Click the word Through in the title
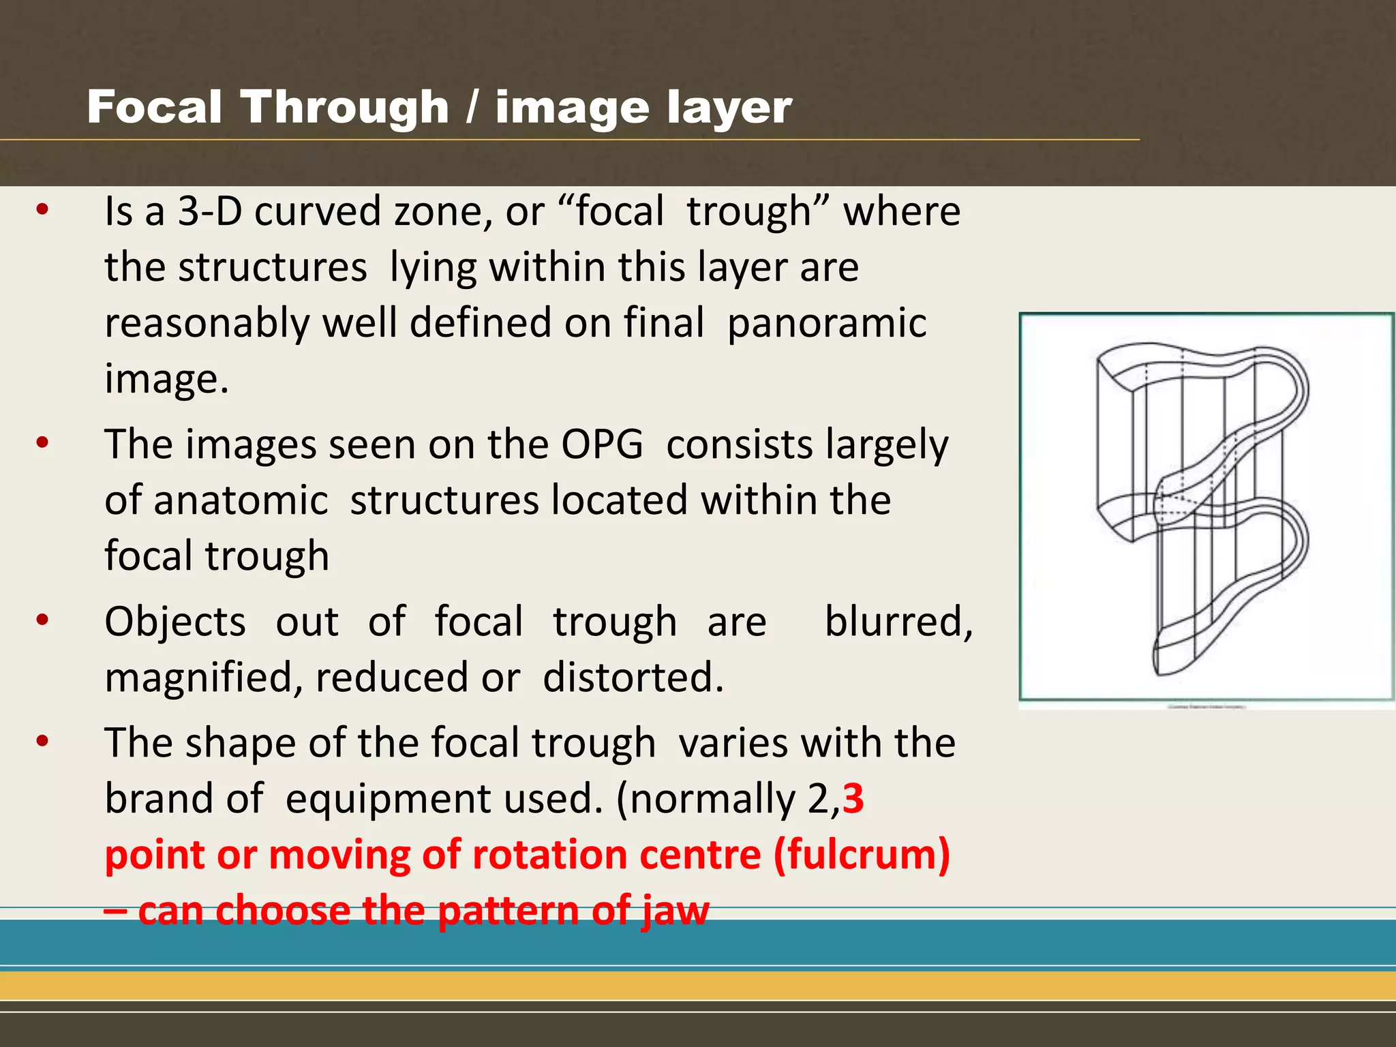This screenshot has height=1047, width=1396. pyautogui.click(x=344, y=108)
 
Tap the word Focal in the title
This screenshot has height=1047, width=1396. pyautogui.click(x=155, y=108)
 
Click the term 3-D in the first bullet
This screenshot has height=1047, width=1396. pyautogui.click(x=210, y=211)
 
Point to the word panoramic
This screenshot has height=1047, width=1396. pyautogui.click(x=827, y=323)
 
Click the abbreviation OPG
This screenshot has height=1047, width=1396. pyautogui.click(x=602, y=445)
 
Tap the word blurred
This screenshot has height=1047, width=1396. pyautogui.click(x=898, y=622)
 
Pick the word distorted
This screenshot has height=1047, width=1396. pyautogui.click(x=633, y=678)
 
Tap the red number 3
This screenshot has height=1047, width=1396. pyautogui.click(x=853, y=799)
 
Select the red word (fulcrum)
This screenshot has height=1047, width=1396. pyautogui.click(x=862, y=855)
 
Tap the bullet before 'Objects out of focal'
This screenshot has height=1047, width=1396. pyautogui.click(x=43, y=620)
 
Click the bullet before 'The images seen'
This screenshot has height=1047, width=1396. pyautogui.click(x=43, y=443)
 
